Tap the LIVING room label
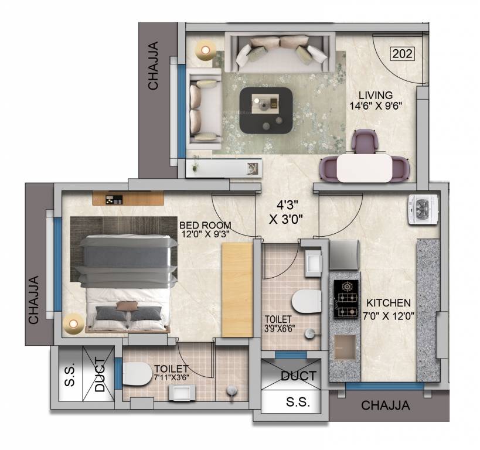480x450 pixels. (x=376, y=96)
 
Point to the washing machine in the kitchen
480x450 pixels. (x=423, y=208)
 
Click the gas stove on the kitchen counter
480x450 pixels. (x=346, y=299)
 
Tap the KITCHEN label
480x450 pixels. (x=389, y=303)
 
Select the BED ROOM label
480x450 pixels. (x=205, y=225)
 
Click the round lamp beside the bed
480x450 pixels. (x=73, y=322)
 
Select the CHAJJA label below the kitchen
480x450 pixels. (x=385, y=405)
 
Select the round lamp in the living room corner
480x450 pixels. (x=205, y=50)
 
